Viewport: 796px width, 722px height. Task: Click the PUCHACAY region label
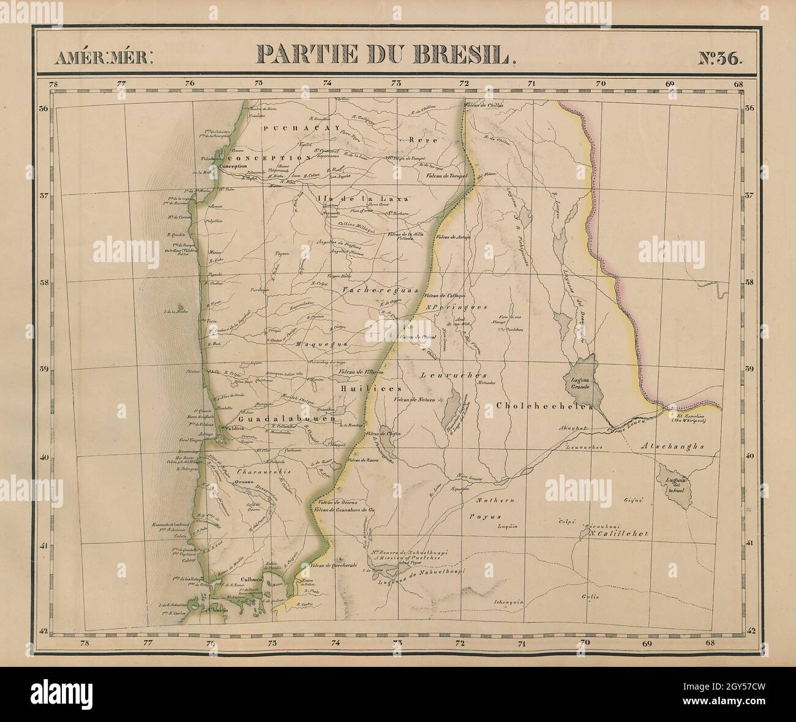[x=283, y=128]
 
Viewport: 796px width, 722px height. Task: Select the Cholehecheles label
[x=543, y=406]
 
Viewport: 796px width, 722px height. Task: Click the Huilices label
[x=368, y=388]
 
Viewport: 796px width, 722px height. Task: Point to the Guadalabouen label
[x=287, y=420]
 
